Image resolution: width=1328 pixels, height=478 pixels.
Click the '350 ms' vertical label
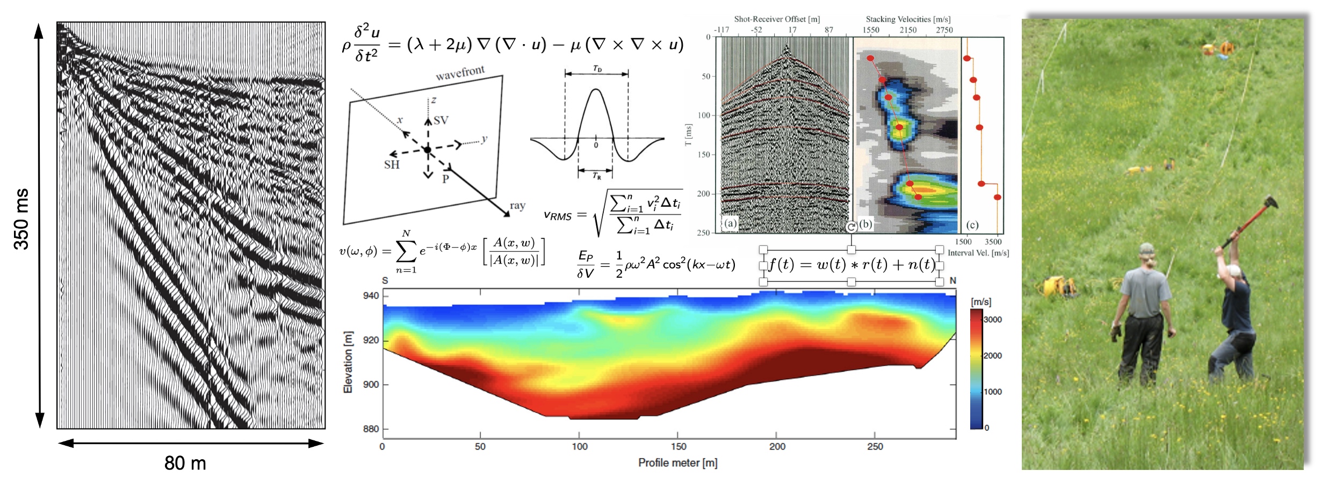pos(21,219)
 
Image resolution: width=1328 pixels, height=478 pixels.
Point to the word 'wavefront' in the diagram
pos(460,73)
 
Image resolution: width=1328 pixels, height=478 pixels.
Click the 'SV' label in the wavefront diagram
pos(441,120)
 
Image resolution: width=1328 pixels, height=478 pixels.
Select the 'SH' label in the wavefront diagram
pos(392,165)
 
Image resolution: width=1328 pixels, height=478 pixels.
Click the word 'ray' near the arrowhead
pos(517,206)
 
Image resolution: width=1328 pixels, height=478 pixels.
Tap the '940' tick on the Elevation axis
pos(371,295)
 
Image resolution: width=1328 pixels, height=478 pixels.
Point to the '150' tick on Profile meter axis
pos(679,446)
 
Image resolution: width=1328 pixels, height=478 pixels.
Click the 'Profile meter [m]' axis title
pos(677,462)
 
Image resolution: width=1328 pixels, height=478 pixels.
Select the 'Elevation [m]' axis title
pos(348,362)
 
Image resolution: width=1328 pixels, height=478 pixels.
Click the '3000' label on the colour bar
pos(992,320)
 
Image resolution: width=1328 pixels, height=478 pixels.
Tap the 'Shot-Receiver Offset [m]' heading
pos(777,19)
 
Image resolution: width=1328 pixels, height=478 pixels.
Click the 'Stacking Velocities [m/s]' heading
pos(908,19)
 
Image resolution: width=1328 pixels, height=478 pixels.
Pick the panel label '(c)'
pos(972,224)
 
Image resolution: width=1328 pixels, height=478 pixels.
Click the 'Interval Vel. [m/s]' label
pos(978,253)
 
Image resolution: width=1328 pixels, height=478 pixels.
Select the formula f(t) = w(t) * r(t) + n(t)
pos(851,265)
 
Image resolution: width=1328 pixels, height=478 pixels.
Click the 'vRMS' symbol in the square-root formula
pos(558,216)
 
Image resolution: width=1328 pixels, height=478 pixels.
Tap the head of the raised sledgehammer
pos(1271,202)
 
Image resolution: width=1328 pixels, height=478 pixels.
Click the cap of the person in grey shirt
pos(1146,249)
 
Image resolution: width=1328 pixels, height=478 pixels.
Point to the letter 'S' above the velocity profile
pos(385,280)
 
